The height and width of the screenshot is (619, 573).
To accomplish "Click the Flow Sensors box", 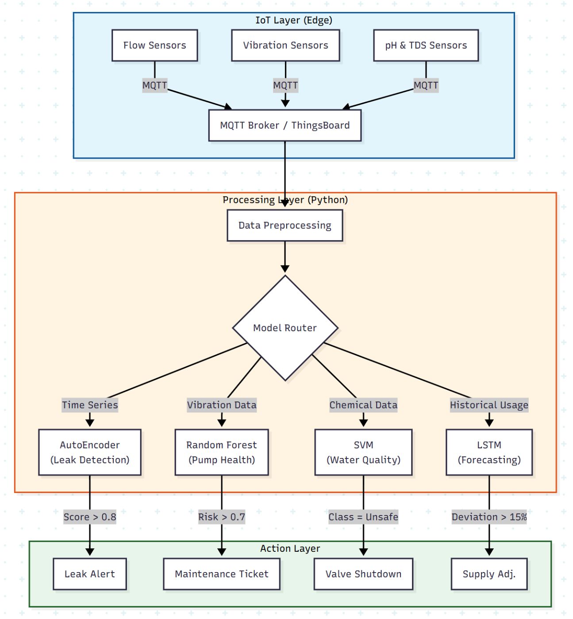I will [154, 45].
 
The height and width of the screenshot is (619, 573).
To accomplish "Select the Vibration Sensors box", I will [285, 45].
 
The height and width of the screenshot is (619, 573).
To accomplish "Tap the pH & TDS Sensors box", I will [426, 45].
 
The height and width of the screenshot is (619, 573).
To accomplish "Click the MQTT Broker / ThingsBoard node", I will [285, 126].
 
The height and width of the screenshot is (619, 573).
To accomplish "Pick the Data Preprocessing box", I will [285, 225].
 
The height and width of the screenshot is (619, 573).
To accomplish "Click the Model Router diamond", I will [285, 328].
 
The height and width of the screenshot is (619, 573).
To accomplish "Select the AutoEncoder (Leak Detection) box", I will [90, 452].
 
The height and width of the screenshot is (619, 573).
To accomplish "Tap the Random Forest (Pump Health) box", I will [222, 452].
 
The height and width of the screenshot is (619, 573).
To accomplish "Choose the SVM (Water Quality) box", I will [363, 452].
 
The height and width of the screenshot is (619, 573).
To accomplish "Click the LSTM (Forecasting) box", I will [489, 452].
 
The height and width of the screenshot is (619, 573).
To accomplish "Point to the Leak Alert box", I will [90, 574].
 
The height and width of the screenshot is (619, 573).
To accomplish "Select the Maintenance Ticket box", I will [222, 574].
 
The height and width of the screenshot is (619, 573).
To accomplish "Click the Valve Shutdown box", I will [363, 574].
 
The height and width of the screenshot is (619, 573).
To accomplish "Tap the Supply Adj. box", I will [489, 574].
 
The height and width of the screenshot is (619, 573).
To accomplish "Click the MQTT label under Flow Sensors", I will [154, 85].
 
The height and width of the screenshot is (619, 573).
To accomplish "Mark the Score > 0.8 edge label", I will [90, 517].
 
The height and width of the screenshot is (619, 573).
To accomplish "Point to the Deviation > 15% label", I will [489, 517].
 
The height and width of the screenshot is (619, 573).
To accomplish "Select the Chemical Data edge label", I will [363, 405].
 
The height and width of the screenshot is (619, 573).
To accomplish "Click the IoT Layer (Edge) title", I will [293, 20].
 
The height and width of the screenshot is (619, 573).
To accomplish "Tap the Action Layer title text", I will [290, 549].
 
